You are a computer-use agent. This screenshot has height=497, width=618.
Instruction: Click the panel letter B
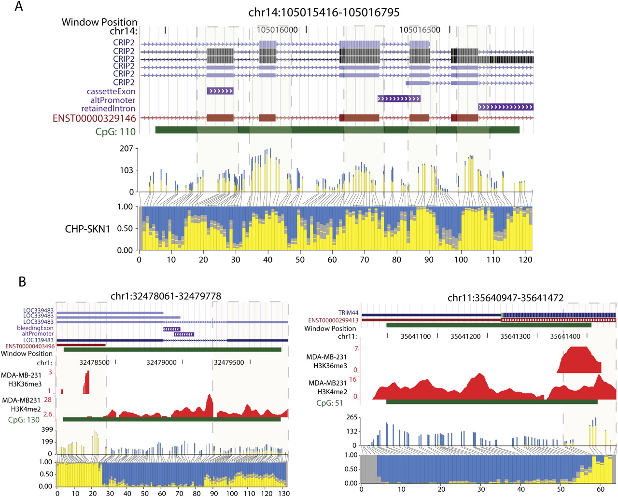point(23,282)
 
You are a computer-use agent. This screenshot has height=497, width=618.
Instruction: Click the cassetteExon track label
point(111,91)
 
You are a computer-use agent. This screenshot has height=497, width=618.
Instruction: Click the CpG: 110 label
point(116,130)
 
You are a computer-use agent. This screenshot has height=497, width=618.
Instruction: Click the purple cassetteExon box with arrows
point(220,91)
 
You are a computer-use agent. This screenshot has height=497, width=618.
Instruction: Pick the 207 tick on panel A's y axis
point(126,149)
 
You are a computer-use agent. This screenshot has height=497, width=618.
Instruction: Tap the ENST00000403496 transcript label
point(29,346)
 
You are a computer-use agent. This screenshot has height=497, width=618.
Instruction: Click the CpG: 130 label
point(24,420)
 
